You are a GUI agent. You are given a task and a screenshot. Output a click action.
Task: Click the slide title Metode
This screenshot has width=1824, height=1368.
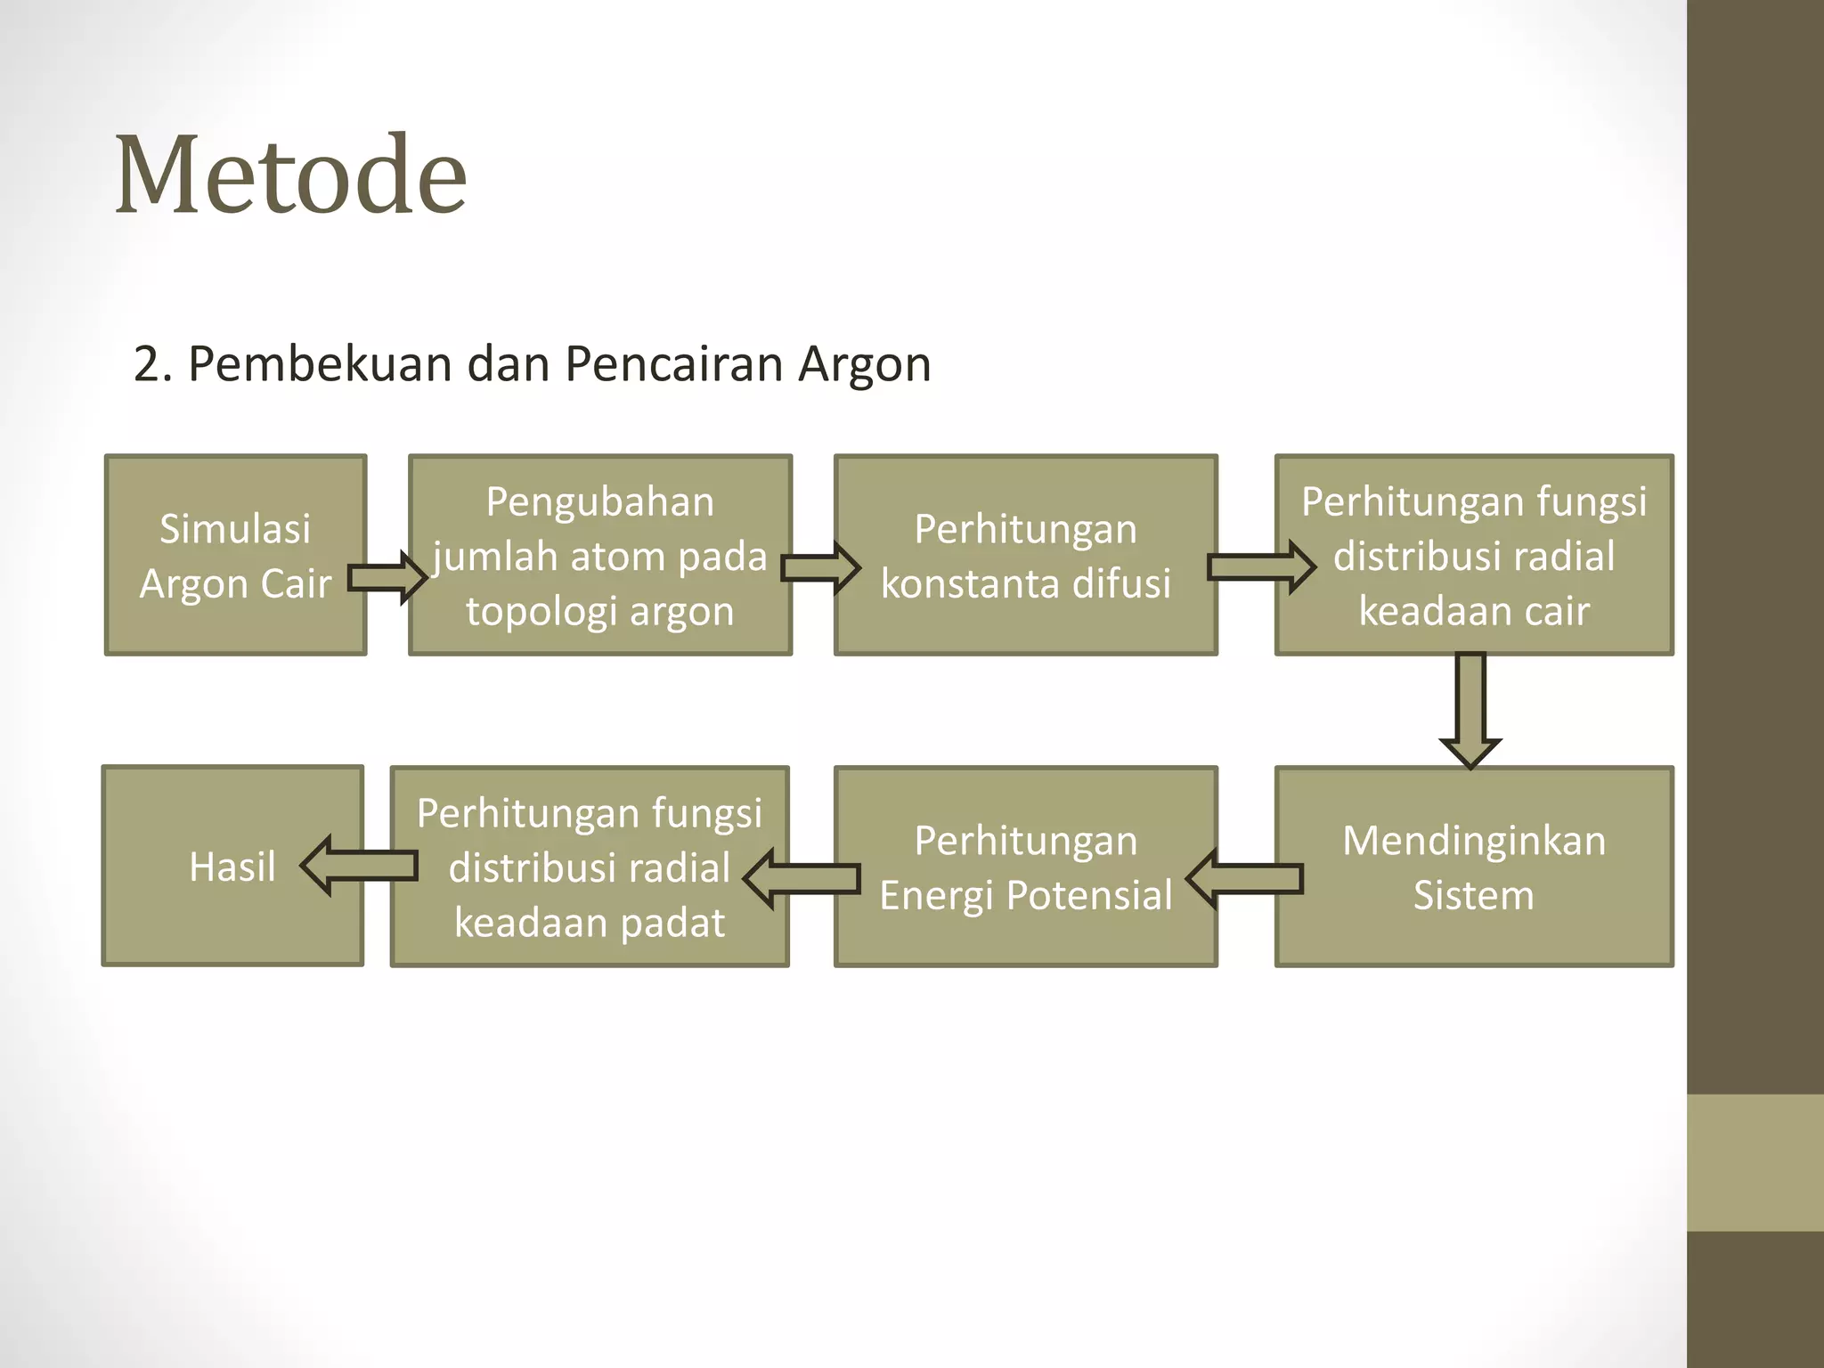pyautogui.click(x=290, y=175)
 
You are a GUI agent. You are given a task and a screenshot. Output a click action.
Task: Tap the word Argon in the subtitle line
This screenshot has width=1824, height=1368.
pyautogui.click(x=864, y=364)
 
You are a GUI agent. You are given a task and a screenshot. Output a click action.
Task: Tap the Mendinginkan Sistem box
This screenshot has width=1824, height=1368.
pyautogui.click(x=1474, y=837)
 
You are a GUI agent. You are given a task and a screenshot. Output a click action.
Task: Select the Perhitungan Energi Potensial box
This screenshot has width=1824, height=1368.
pyautogui.click(x=1025, y=837)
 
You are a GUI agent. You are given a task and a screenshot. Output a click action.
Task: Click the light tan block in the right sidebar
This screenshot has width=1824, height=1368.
pyautogui.click(x=1755, y=1162)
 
